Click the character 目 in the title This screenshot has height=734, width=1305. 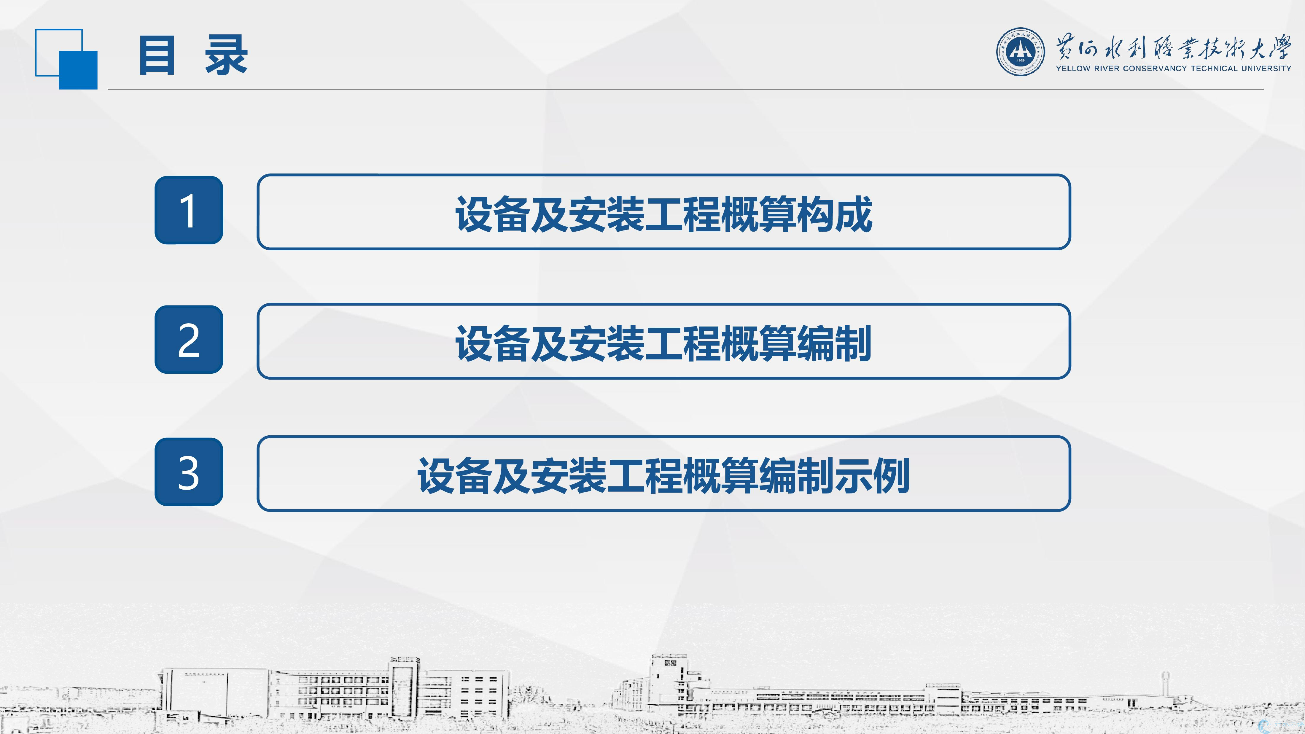coord(157,55)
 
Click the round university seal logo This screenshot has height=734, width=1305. coord(1020,52)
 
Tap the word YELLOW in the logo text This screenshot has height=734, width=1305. coord(1072,69)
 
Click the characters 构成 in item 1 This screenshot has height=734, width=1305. coord(834,214)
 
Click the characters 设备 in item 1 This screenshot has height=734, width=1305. coord(492,214)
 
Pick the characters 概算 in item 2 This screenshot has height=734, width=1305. coord(758,343)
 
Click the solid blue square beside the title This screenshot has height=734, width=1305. coord(78,70)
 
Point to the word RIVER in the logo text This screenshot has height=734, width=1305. coord(1106,69)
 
